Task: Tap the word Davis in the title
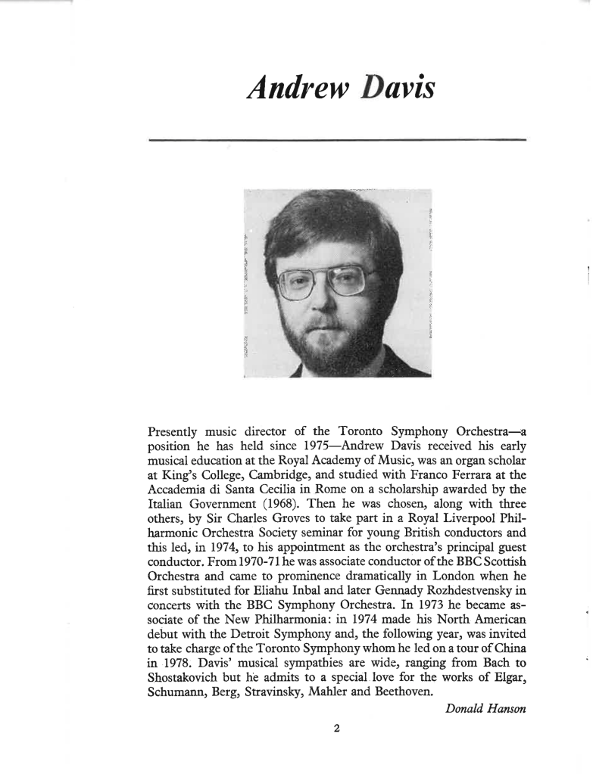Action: tap(391, 89)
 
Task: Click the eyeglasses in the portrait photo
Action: tap(326, 281)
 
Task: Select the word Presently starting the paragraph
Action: tap(179, 432)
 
